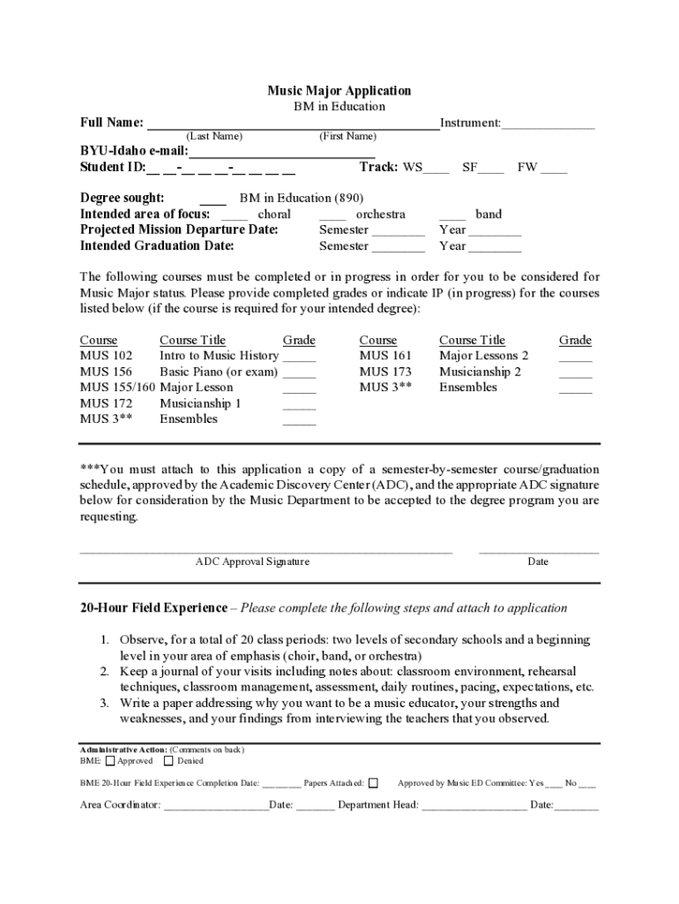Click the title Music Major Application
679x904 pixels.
coord(339,91)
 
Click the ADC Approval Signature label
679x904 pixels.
coord(252,561)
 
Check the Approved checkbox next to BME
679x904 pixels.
coord(110,760)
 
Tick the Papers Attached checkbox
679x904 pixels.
coord(373,782)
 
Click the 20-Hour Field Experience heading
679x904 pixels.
coord(153,608)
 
